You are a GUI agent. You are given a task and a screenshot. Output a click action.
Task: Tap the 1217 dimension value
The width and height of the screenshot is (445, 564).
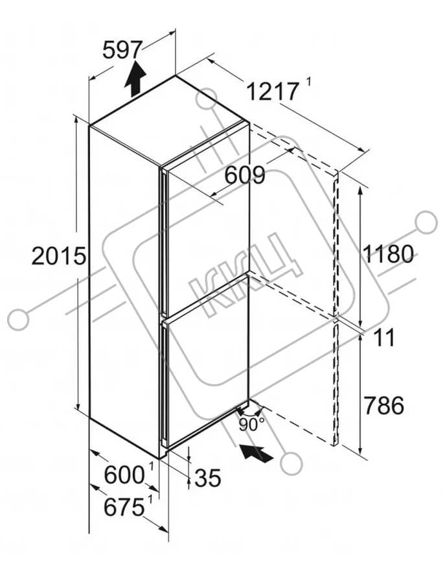(273, 91)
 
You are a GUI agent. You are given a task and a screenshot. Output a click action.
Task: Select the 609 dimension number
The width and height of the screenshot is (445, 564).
(245, 176)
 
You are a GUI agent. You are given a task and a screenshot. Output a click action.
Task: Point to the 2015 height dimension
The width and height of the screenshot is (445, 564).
(59, 256)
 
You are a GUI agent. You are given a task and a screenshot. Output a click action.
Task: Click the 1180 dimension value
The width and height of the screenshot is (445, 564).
(388, 253)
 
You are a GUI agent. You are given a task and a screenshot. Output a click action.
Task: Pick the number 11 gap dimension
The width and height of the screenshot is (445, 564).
(384, 337)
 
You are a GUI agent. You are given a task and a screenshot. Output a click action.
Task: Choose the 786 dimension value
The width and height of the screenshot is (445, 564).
(383, 405)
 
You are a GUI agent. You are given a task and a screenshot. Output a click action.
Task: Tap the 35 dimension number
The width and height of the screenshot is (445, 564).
(207, 478)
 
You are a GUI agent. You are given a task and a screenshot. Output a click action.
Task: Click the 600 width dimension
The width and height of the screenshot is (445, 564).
(124, 475)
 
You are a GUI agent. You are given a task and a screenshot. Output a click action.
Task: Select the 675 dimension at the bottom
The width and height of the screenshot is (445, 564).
(124, 508)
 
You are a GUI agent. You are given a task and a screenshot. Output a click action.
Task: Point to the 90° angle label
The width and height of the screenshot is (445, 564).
(251, 425)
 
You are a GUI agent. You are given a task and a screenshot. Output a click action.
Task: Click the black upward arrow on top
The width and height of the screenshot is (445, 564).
(135, 79)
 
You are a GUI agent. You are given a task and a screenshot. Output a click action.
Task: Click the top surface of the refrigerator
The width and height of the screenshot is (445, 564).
(169, 121)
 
